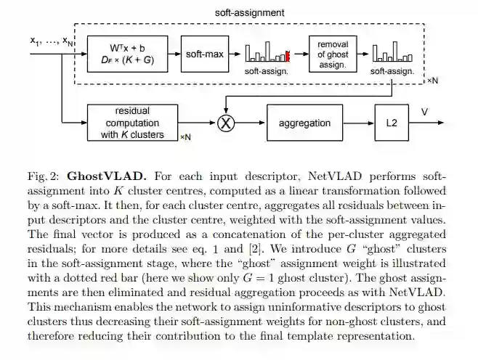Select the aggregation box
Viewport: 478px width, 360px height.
[x=304, y=123]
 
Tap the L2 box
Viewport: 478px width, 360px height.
[x=391, y=123]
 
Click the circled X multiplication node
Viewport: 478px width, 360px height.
[x=227, y=123]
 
